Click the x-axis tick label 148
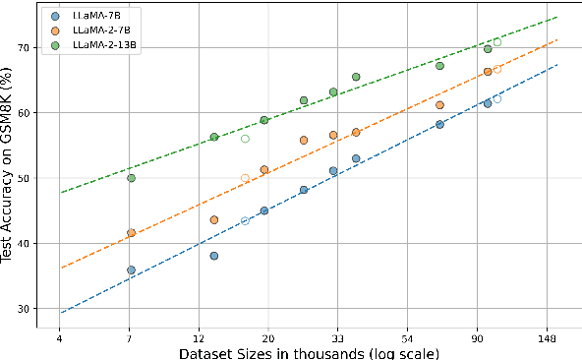pyautogui.click(x=548, y=337)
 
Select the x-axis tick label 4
pyautogui.click(x=60, y=337)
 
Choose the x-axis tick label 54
pyautogui.click(x=408, y=337)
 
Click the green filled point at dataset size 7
pyautogui.click(x=131, y=178)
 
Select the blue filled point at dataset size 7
pyautogui.click(x=131, y=270)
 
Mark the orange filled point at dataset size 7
pyautogui.click(x=131, y=233)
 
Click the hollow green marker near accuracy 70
pyautogui.click(x=497, y=42)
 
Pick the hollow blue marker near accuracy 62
pyautogui.click(x=497, y=99)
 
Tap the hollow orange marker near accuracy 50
pyautogui.click(x=245, y=178)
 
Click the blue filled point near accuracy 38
pyautogui.click(x=214, y=256)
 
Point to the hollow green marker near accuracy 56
pyautogui.click(x=245, y=139)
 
